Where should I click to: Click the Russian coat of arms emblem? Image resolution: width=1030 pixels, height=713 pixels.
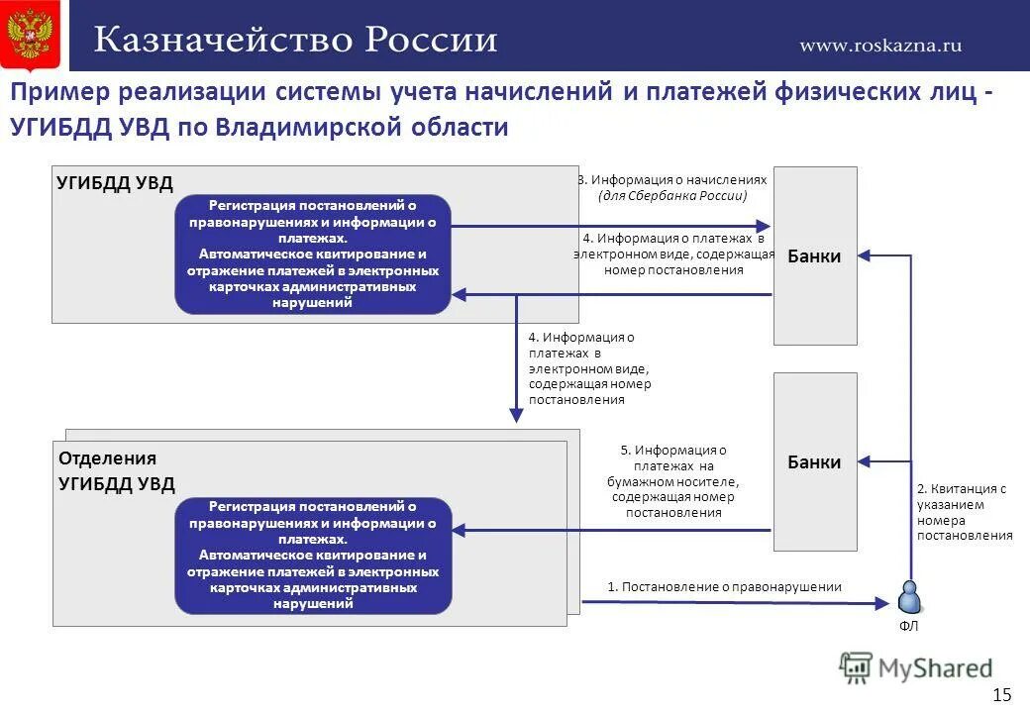point(30,35)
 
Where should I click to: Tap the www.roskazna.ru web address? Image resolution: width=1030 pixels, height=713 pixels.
point(880,45)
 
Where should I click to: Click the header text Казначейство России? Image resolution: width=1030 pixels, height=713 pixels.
point(295,40)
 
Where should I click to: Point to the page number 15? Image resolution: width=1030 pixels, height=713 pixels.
point(1001,694)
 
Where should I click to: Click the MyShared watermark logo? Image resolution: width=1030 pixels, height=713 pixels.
point(915,666)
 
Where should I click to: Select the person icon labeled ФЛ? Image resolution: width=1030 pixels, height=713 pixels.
point(908,597)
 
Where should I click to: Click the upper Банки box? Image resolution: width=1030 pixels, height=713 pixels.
point(814,255)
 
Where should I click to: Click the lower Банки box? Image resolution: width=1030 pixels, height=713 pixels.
point(814,461)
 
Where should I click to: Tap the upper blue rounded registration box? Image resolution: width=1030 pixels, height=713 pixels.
point(313,254)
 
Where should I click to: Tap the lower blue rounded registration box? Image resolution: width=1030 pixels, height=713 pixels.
point(313,556)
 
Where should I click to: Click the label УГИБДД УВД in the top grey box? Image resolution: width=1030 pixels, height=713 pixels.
point(115,182)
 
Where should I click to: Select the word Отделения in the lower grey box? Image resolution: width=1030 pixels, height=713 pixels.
point(107,458)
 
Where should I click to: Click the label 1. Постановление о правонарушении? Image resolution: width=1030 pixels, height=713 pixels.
point(724,586)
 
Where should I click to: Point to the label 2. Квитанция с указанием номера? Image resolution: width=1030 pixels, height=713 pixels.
point(964,512)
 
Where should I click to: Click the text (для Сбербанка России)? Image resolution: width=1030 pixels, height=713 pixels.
point(672,196)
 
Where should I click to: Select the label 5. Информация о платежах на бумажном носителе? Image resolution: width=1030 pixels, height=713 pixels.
point(673,481)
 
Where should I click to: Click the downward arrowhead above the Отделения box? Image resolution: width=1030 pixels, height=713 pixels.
point(515,415)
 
